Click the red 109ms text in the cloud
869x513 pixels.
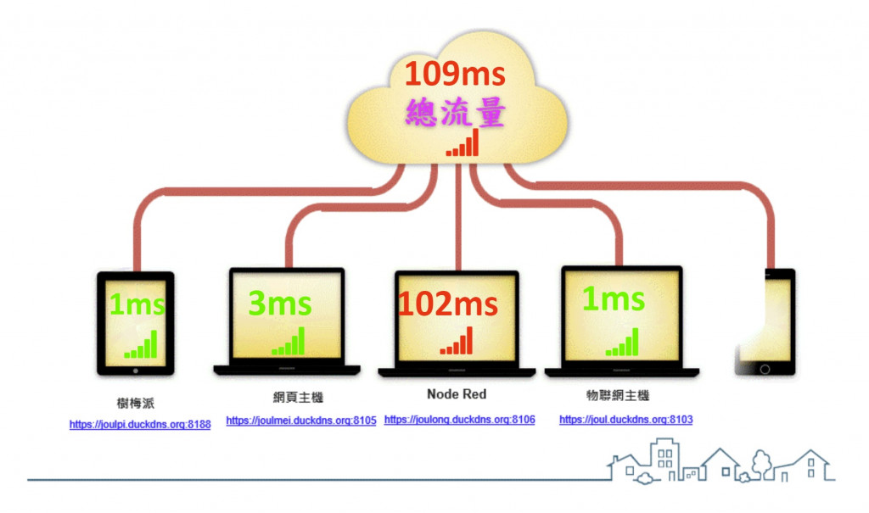click(x=454, y=75)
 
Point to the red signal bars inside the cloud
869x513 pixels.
click(x=463, y=143)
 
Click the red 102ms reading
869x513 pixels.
click(x=448, y=304)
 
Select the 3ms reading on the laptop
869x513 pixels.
click(x=280, y=303)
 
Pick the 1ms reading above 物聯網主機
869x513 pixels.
click(x=613, y=298)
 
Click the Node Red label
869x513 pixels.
click(x=457, y=394)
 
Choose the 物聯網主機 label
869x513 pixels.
click(x=617, y=396)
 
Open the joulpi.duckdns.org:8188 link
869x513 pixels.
click(x=140, y=424)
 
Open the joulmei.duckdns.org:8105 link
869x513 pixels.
click(x=301, y=421)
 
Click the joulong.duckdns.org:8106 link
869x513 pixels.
click(x=459, y=420)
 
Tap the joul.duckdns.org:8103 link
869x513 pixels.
click(x=626, y=420)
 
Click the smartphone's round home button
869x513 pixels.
click(x=765, y=369)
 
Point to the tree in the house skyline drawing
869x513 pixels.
click(x=760, y=462)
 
